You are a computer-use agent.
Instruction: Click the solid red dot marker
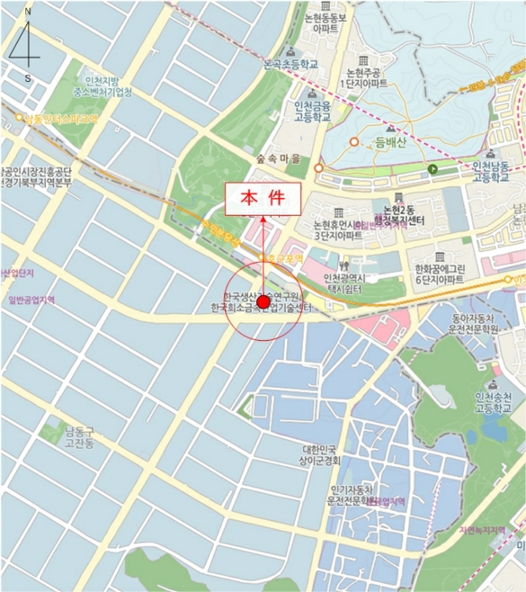tap(263, 302)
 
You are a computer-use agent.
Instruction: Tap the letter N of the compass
tap(27, 13)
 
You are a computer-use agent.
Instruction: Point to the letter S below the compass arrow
tap(28, 78)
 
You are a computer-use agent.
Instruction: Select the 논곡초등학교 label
tap(291, 63)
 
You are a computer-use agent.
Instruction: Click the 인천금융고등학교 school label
tap(312, 111)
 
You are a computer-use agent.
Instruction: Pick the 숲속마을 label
tap(279, 156)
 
